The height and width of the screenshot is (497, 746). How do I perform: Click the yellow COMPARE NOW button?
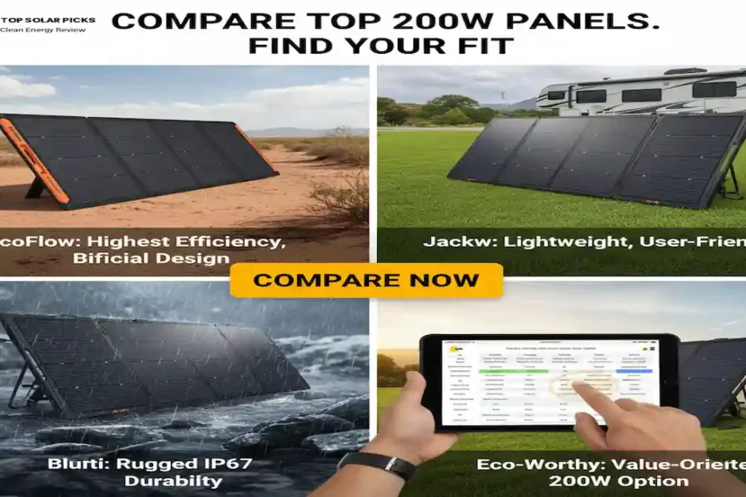tap(366, 281)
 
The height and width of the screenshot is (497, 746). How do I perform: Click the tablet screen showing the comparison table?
tap(549, 381)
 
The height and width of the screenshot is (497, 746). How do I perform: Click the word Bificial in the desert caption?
tap(108, 258)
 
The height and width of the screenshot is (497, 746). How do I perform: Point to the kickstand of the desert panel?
tap(36, 189)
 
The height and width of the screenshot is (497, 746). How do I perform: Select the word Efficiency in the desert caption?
tap(230, 241)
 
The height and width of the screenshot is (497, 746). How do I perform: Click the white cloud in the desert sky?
tap(24, 87)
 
